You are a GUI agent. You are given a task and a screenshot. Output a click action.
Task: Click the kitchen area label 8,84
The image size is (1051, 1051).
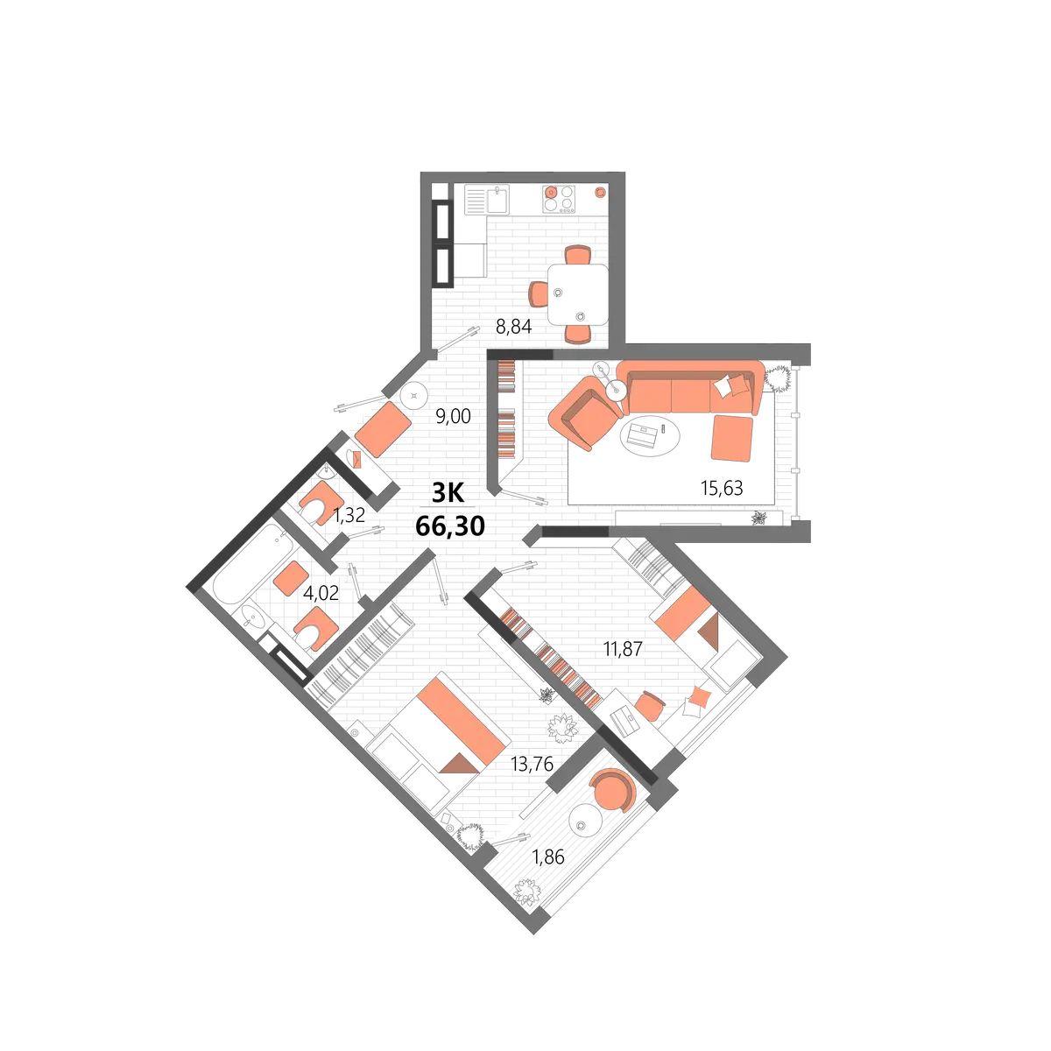[513, 327]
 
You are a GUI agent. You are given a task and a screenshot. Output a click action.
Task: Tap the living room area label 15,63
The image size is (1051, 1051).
[722, 488]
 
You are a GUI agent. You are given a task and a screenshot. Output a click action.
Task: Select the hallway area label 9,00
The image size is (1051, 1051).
[453, 416]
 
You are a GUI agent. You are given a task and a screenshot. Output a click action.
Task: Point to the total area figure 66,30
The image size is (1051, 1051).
[450, 527]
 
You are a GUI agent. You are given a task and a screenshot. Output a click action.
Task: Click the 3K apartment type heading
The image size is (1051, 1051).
[448, 494]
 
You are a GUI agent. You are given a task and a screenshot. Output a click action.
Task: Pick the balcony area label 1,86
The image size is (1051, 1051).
[548, 857]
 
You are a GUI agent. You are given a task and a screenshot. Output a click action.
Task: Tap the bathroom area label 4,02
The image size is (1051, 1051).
[321, 592]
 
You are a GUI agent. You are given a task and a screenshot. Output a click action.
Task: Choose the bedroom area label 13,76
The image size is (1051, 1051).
[532, 764]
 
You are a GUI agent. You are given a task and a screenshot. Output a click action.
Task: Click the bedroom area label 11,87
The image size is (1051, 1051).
[623, 649]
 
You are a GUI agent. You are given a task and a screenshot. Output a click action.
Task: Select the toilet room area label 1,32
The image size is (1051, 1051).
[349, 515]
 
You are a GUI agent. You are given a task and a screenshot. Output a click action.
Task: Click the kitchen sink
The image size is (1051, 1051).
[498, 200]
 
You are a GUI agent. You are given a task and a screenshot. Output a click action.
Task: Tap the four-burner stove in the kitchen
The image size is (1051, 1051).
[559, 199]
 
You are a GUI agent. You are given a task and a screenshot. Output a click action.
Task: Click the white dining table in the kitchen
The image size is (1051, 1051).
[578, 294]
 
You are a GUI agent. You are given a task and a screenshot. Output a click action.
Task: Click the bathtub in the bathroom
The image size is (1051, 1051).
[246, 564]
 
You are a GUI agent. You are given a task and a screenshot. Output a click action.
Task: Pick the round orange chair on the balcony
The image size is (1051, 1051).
[612, 792]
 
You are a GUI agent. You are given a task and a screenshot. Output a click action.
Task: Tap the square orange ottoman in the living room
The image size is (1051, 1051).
[732, 439]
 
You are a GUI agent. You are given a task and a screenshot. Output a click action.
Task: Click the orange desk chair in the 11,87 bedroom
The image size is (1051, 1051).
[650, 706]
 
